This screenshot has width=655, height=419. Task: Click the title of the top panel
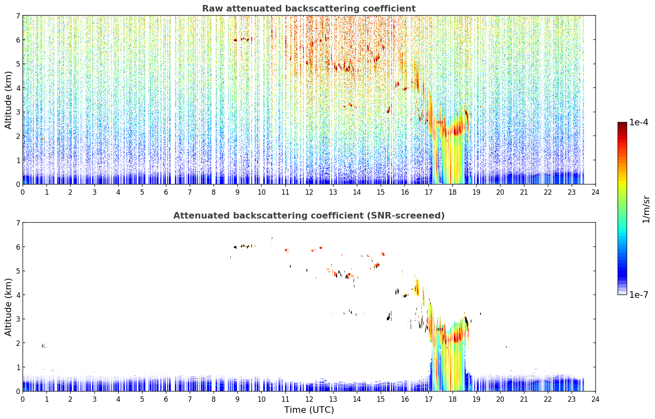tap(309, 9)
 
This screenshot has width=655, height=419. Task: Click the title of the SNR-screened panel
tap(309, 216)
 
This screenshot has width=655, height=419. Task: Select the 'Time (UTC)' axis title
tap(309, 410)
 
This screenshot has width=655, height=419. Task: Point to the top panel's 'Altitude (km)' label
tap(8, 100)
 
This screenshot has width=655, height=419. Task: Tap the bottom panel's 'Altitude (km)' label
tap(8, 307)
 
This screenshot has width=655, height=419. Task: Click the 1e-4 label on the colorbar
tap(639, 122)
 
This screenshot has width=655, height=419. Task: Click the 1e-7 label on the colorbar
tap(639, 295)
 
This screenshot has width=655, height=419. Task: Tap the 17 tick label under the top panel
tap(428, 192)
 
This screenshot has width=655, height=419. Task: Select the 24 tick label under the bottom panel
tap(595, 399)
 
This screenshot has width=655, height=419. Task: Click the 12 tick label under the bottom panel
tap(309, 399)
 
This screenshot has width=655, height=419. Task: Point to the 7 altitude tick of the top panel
tap(18, 16)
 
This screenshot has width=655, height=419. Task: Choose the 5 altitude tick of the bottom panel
tap(18, 271)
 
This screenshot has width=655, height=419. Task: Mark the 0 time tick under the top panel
tap(23, 192)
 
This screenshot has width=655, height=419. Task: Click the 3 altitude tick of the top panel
tap(18, 112)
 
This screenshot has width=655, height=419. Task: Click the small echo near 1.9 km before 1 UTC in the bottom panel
tap(44, 346)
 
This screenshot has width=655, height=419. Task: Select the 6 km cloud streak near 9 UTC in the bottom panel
tap(244, 246)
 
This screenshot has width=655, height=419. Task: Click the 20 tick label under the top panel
tap(500, 192)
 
